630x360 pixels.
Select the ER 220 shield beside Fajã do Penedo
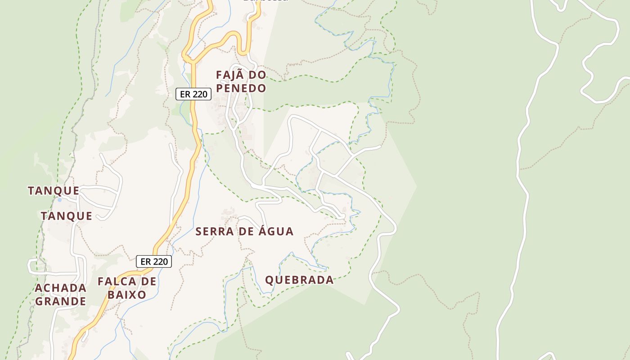[x=193, y=94]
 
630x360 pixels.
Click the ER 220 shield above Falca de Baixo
[x=154, y=261]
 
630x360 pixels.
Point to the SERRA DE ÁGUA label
[x=244, y=232]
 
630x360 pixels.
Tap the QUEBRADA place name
[x=299, y=280]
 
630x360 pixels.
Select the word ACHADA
[x=60, y=288]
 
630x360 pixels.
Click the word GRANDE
[x=60, y=301]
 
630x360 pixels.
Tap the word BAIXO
[x=127, y=295]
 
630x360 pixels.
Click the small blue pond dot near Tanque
[x=59, y=199]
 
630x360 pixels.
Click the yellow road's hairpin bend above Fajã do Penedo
[x=235, y=34]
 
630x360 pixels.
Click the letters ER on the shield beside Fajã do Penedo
[x=185, y=94]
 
